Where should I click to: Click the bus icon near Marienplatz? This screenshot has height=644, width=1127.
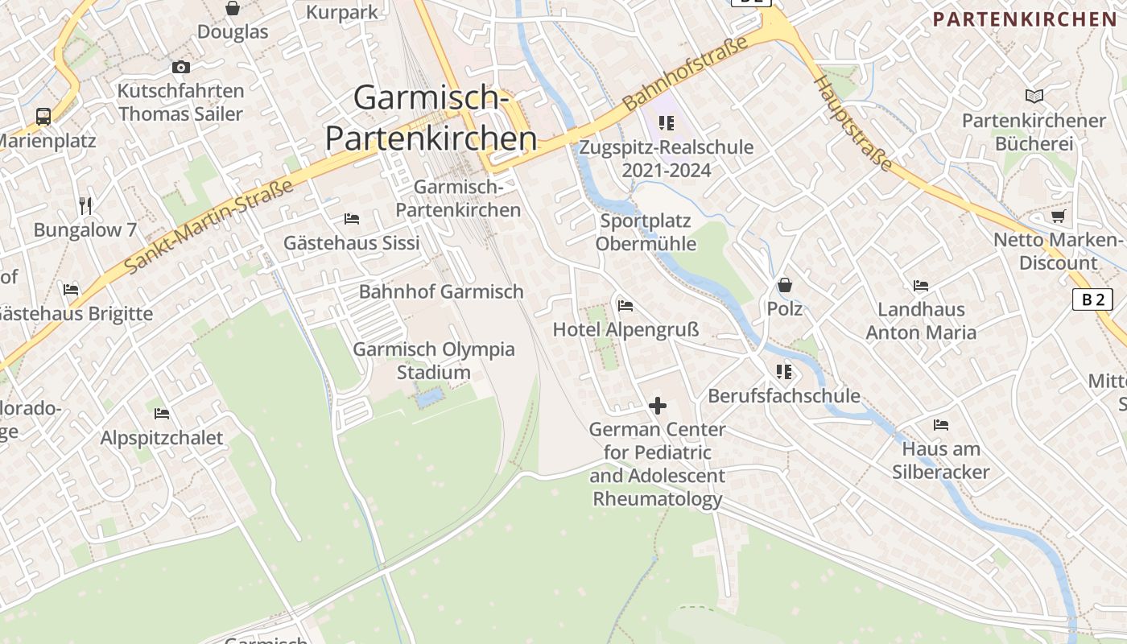coord(43,117)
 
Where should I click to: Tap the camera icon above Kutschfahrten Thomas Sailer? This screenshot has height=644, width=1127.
coord(181,68)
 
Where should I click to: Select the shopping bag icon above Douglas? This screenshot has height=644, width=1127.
coord(233,9)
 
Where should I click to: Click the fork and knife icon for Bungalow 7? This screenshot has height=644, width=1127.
coord(85,205)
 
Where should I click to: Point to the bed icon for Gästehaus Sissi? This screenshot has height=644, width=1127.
coord(352,218)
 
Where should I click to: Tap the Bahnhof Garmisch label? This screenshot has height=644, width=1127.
coord(441,291)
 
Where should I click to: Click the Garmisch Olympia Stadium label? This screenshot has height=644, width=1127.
coord(434,361)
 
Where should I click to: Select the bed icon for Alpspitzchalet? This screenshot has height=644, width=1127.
coord(162,414)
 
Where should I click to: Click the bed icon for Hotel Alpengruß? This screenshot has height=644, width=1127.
coord(625,305)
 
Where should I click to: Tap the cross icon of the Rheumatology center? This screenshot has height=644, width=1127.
coord(658,406)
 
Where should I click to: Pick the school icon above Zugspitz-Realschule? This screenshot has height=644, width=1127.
coord(667,123)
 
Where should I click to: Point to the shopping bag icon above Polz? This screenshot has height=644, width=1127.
coord(785,285)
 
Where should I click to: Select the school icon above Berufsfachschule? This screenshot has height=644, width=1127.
coord(784,372)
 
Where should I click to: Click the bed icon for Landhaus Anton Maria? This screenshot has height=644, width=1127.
coord(921,285)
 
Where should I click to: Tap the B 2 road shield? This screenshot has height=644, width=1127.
coord(1092,299)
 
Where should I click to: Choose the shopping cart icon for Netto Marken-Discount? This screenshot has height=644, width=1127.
coord(1058,216)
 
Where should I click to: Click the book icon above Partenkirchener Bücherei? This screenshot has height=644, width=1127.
coord(1034,97)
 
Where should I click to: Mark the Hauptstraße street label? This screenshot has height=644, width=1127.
coord(852,123)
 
